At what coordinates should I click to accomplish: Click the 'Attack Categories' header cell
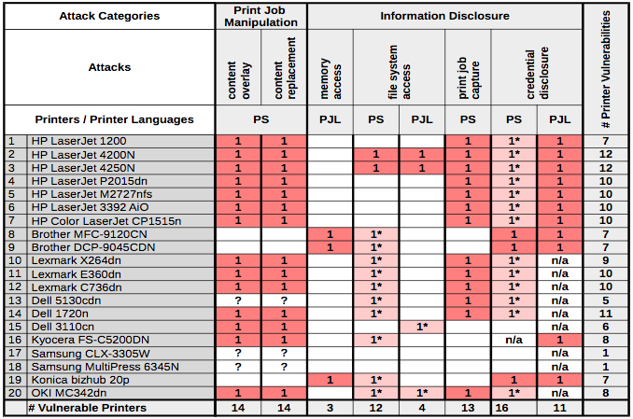tap(109, 16)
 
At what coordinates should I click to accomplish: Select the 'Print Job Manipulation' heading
tap(261, 16)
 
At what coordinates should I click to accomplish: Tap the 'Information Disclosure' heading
tap(444, 16)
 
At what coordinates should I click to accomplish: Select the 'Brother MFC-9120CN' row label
tap(89, 233)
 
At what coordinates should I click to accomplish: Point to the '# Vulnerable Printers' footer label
tap(88, 408)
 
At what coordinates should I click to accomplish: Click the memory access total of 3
tap(331, 408)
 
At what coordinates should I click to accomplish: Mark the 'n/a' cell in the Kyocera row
tap(513, 340)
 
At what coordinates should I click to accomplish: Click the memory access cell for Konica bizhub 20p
tap(331, 380)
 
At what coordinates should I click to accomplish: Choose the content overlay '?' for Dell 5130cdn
tap(238, 300)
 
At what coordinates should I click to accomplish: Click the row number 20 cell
tap(12, 393)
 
